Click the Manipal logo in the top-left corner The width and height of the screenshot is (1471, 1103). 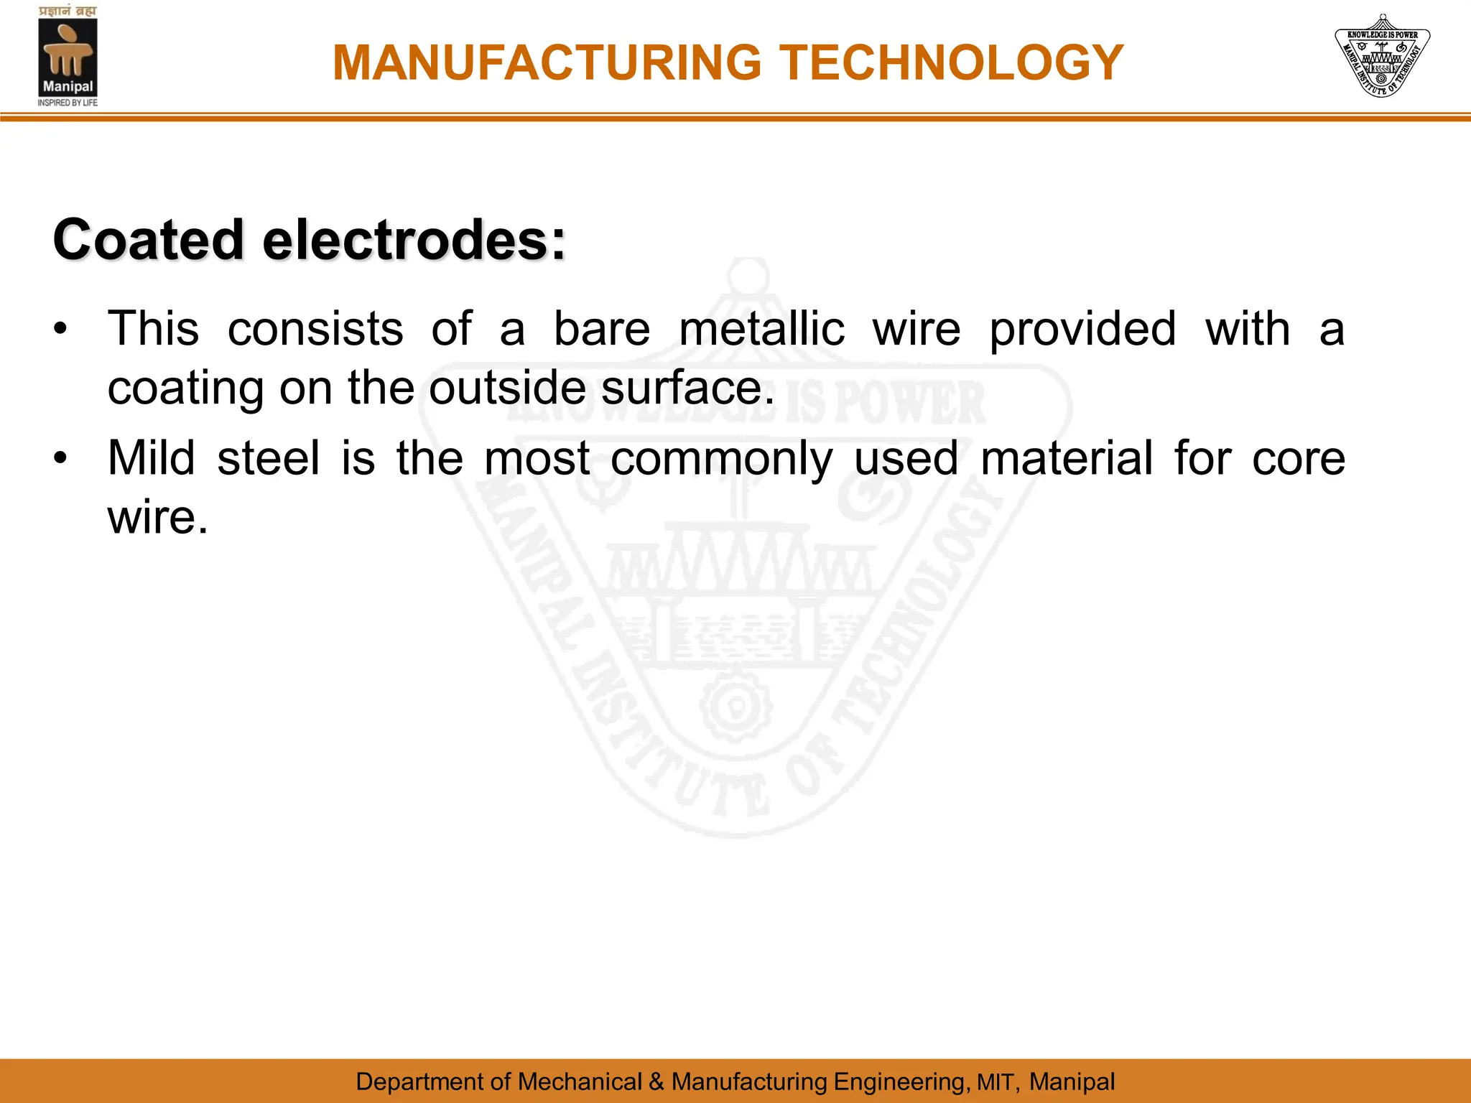point(68,57)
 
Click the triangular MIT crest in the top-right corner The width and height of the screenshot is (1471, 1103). point(1382,56)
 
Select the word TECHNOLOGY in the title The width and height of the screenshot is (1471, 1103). point(951,63)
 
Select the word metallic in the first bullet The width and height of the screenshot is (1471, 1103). point(761,329)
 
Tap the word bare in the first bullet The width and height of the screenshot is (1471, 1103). point(602,329)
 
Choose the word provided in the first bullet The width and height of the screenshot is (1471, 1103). point(1082,330)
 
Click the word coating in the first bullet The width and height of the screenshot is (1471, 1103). point(185,389)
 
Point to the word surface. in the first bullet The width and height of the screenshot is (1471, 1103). point(688,388)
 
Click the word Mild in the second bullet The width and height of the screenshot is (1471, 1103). point(151,458)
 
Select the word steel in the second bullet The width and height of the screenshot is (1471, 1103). point(268,458)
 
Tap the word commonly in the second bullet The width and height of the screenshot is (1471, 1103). point(721,460)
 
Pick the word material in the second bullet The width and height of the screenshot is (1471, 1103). point(1067,458)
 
